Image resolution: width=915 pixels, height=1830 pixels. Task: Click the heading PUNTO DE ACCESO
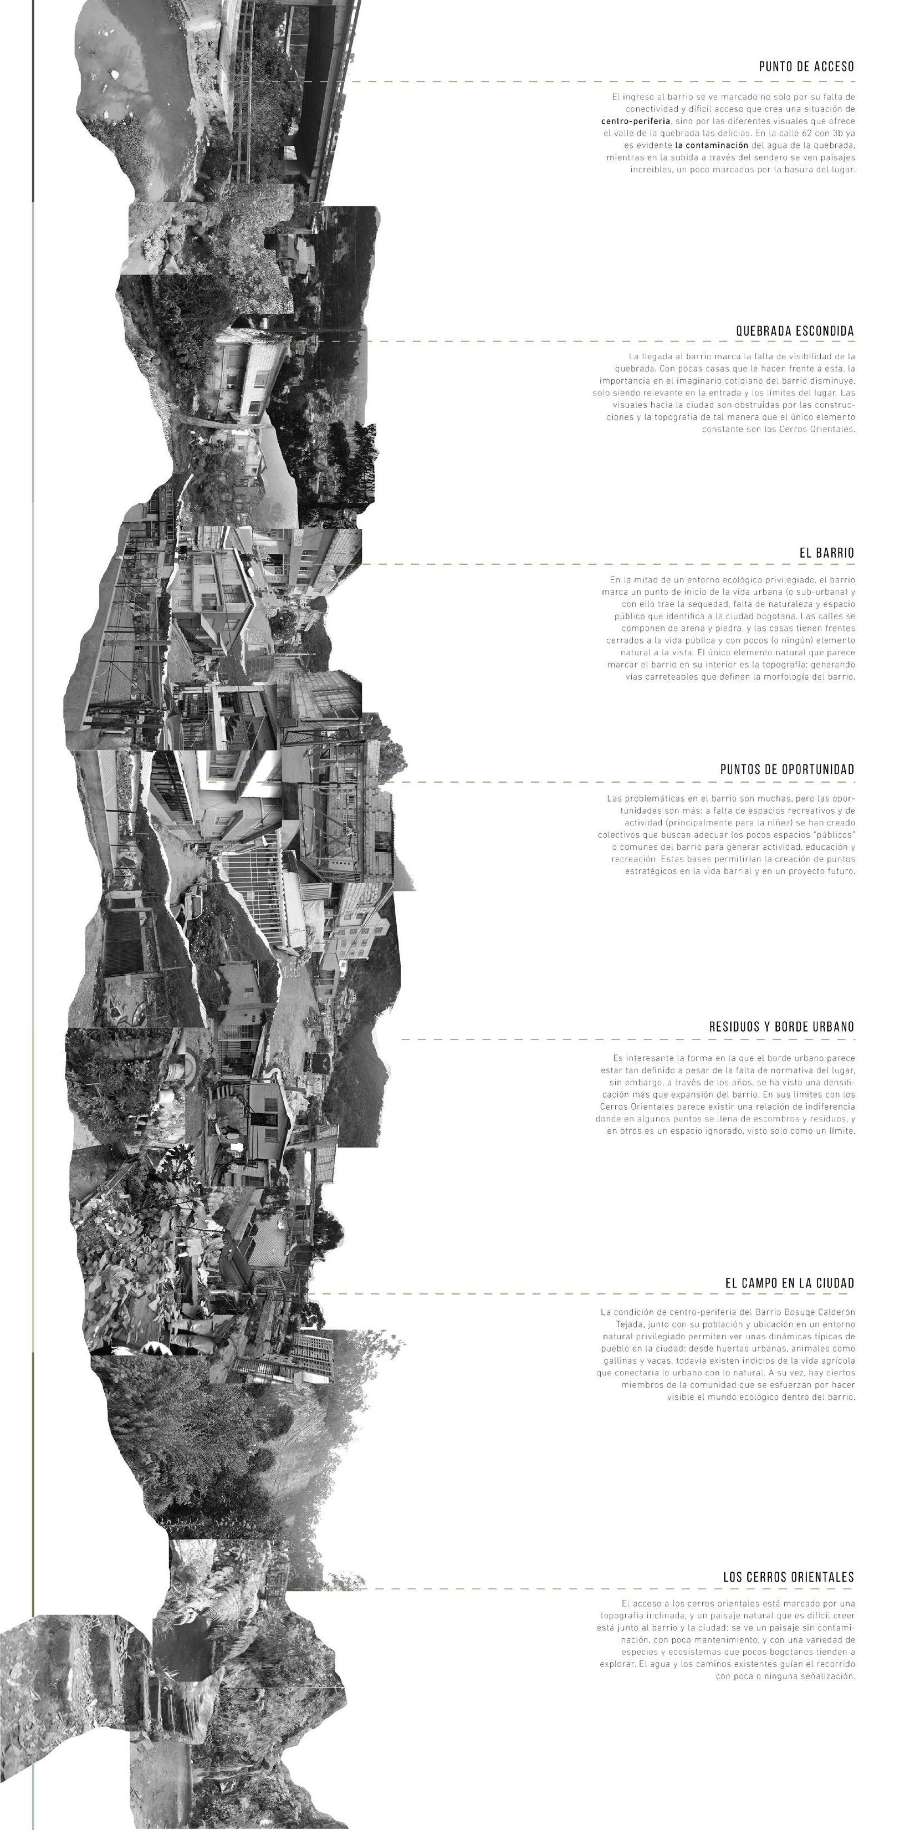coord(806,67)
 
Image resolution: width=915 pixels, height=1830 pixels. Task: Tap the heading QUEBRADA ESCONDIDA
coord(795,331)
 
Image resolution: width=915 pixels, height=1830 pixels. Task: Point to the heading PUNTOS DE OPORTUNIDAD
coord(787,769)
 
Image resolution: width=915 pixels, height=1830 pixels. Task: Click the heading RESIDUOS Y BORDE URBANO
coord(781,1027)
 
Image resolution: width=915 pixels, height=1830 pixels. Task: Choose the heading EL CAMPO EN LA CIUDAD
coord(789,1283)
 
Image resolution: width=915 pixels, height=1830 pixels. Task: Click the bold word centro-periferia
coord(636,121)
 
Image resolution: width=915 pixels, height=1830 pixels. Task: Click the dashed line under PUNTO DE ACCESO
coord(604,81)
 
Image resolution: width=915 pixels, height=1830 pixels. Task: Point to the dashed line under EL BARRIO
coord(604,565)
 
